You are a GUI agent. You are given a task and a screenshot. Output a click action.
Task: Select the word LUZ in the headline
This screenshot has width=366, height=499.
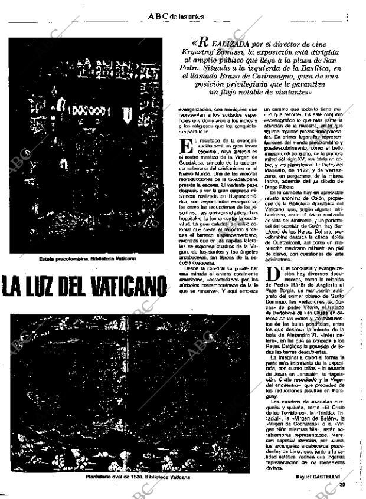pyautogui.click(x=48, y=287)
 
